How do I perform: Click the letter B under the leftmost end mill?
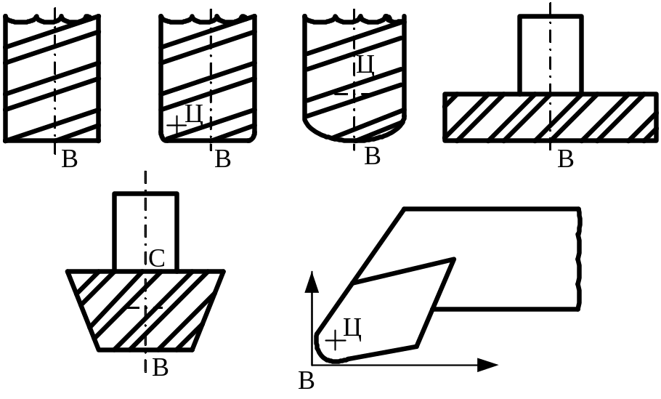click(70, 159)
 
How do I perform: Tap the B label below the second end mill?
click(223, 159)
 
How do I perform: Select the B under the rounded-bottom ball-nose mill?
click(372, 156)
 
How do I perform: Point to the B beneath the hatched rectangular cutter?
click(565, 159)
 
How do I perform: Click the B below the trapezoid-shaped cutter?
click(161, 368)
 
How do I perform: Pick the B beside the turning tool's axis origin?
click(307, 380)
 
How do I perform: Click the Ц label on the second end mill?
click(194, 114)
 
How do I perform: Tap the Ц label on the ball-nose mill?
click(365, 67)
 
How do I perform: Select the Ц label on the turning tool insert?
click(352, 328)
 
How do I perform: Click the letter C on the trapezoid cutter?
click(158, 258)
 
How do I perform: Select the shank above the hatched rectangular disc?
click(550, 55)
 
